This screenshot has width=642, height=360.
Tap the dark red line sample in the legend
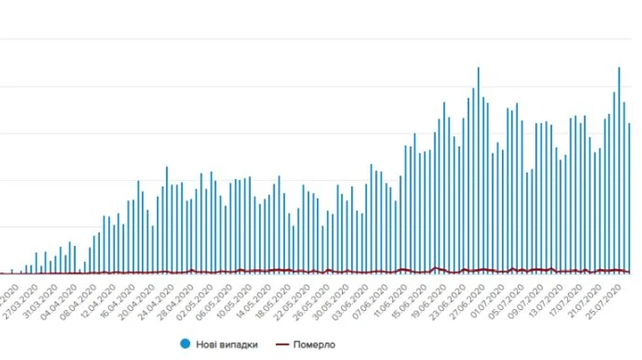click(283, 343)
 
